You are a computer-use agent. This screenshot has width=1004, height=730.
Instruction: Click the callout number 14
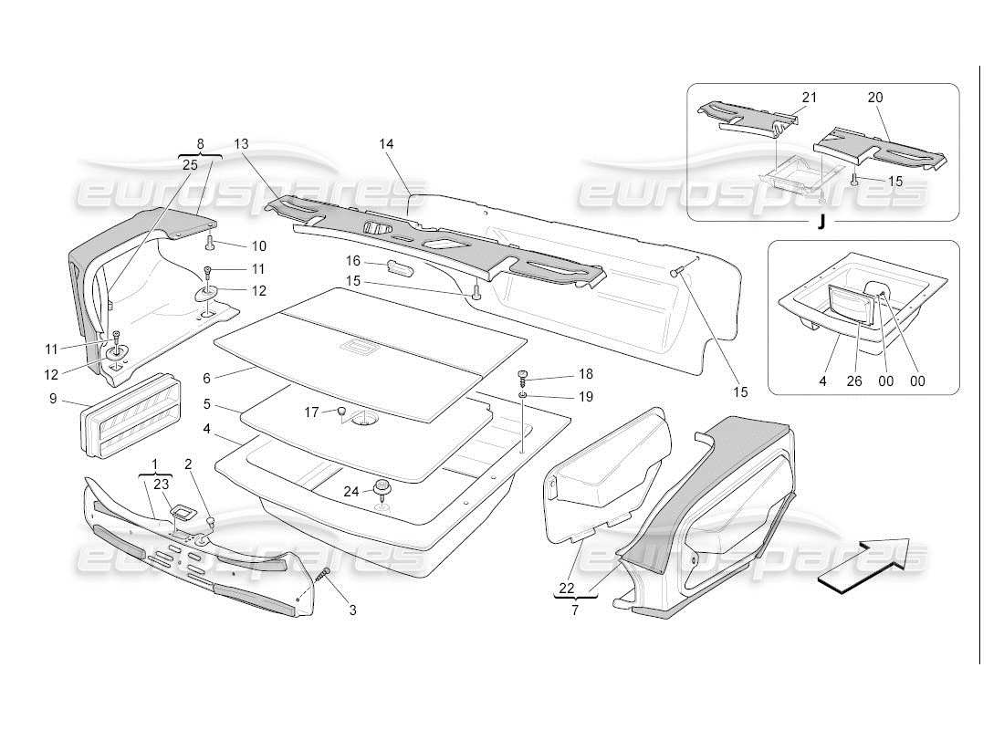[x=386, y=144]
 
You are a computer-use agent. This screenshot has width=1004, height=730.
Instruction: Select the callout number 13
[x=241, y=144]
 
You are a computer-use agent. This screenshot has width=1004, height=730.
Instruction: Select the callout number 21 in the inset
[x=810, y=98]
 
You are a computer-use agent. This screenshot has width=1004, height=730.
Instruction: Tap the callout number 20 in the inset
[x=875, y=98]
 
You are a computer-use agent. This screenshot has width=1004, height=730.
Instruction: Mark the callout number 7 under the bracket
[x=575, y=610]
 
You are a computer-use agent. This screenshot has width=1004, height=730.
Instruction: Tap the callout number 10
[x=259, y=245]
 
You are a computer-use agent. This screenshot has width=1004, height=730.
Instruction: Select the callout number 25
[x=190, y=165]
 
